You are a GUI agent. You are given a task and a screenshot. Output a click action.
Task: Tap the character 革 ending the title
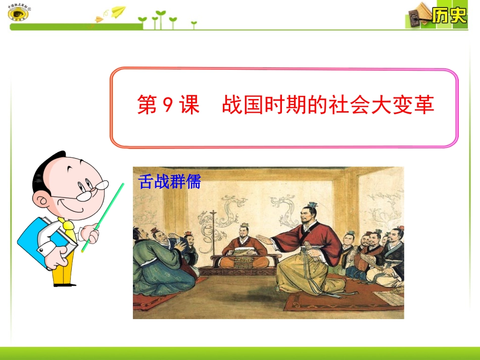[x=424, y=106]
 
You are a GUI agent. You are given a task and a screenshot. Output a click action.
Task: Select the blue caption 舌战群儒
[x=170, y=182]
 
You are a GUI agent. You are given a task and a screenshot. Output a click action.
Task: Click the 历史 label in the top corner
[x=449, y=16]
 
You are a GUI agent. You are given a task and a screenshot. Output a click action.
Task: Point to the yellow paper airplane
[x=118, y=12]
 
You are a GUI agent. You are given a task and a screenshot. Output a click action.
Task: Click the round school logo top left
[x=18, y=14]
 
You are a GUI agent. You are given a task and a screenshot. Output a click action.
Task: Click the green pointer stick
[x=103, y=217]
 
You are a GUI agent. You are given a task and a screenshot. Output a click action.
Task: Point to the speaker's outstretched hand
[x=263, y=238]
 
